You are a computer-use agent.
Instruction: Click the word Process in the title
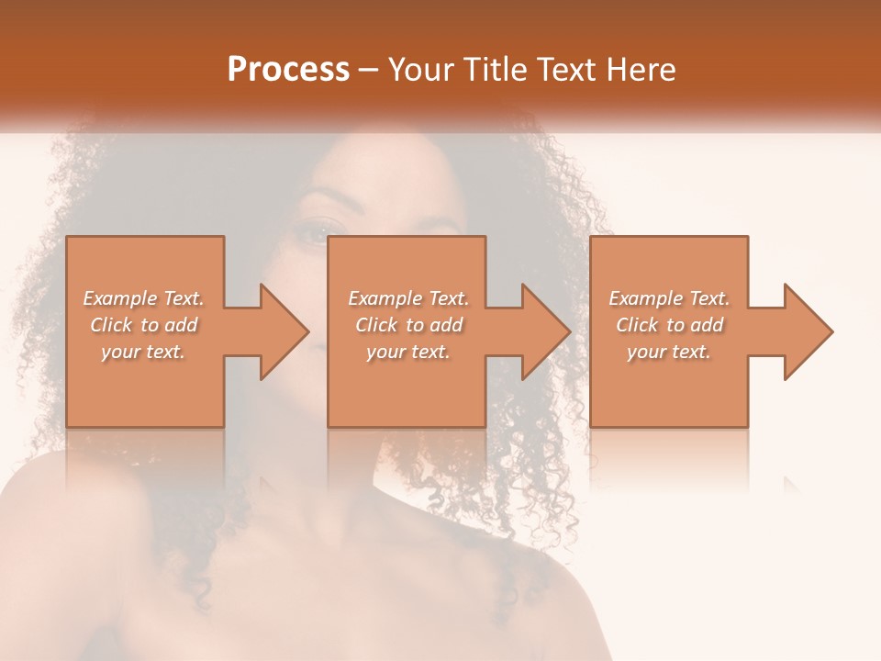288,70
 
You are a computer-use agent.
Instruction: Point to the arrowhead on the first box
280,331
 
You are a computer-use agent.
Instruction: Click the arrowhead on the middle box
541,331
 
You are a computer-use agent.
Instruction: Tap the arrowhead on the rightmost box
804,331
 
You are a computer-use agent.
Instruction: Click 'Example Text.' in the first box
143,298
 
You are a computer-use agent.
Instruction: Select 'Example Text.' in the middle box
408,298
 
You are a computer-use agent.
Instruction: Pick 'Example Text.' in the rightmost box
669,298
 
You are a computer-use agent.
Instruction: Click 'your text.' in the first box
143,352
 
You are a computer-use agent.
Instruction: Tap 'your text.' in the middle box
408,352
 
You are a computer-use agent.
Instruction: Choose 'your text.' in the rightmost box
669,352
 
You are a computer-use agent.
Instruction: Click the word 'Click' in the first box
111,325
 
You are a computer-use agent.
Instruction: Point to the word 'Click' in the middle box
376,325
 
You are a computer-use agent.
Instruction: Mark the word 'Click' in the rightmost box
637,325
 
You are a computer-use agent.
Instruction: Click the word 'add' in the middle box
446,325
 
